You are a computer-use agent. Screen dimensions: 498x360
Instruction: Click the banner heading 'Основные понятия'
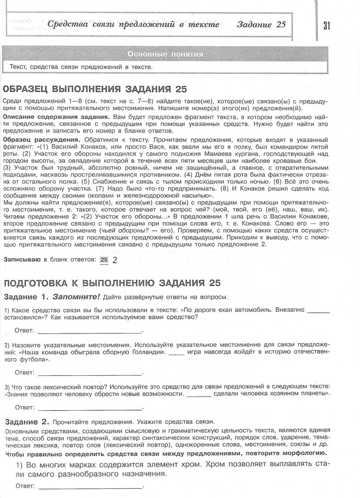tap(166, 54)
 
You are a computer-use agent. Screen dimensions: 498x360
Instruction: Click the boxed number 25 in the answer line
tap(104, 260)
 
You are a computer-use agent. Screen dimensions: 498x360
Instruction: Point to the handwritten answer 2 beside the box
tap(114, 260)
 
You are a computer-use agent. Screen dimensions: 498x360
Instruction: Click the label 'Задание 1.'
tap(26, 296)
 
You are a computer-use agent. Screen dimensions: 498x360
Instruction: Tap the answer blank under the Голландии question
tap(90, 373)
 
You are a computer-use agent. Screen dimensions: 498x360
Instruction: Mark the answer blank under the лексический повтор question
tap(90, 409)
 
